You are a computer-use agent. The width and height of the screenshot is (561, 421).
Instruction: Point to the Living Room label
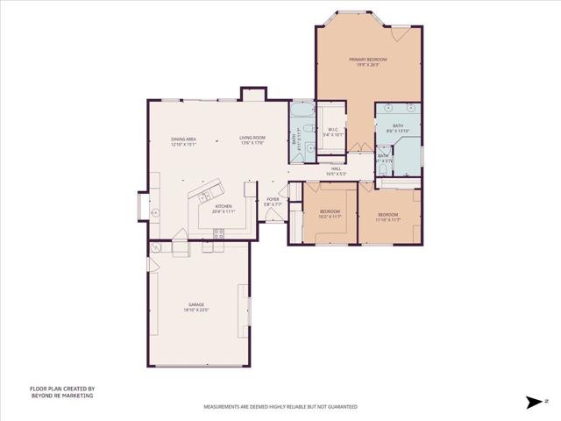[252, 139]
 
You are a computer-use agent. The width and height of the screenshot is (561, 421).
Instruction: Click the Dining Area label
[183, 141]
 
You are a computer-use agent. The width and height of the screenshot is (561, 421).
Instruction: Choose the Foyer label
[273, 202]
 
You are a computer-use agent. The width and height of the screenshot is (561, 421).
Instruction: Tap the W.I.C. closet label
[335, 132]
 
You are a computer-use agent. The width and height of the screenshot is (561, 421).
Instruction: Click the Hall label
[336, 171]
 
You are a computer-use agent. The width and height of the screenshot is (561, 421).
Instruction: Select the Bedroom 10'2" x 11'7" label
[330, 214]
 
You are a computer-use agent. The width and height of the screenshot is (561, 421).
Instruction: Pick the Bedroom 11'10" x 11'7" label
[388, 217]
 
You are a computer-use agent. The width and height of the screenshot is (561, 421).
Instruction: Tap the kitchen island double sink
[208, 196]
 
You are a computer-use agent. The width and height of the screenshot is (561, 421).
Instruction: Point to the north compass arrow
[534, 402]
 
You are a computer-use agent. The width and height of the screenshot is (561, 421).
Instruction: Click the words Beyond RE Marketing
[61, 396]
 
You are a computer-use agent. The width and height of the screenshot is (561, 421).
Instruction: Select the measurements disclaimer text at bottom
[280, 407]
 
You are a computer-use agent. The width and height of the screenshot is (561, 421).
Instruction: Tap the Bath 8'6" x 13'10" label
[398, 128]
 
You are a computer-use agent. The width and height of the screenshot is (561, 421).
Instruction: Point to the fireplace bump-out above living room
[252, 92]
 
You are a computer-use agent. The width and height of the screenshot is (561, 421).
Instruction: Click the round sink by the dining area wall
[155, 211]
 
